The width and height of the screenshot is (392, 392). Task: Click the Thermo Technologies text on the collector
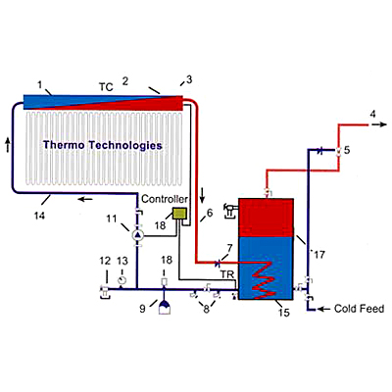tap(103, 145)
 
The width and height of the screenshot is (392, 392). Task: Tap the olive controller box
tap(179, 214)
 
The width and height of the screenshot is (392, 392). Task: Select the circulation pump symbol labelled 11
tap(137, 234)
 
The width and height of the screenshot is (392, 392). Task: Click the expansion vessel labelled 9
tap(164, 307)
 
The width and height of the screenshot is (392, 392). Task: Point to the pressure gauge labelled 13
tap(122, 280)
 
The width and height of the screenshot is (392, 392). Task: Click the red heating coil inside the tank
tap(263, 280)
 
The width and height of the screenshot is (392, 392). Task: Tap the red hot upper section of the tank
tap(266, 218)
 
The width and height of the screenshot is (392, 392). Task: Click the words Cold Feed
tap(359, 309)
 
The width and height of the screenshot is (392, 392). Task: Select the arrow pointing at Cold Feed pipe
tap(324, 309)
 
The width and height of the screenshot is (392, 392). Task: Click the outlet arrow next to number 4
tap(378, 124)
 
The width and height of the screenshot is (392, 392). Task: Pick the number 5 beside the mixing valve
tap(347, 150)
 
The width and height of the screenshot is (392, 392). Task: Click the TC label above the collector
tap(106, 87)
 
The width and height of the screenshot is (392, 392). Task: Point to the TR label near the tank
tap(227, 274)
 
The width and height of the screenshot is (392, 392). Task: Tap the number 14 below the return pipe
tap(39, 216)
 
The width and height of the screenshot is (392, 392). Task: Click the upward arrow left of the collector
tap(8, 144)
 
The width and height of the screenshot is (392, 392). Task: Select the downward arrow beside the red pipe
tap(203, 195)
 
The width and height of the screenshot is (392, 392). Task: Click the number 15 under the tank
tap(284, 313)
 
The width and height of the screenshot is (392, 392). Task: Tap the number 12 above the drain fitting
tap(105, 261)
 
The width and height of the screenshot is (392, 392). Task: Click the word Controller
tap(165, 199)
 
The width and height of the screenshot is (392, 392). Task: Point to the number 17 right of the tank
tap(319, 255)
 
